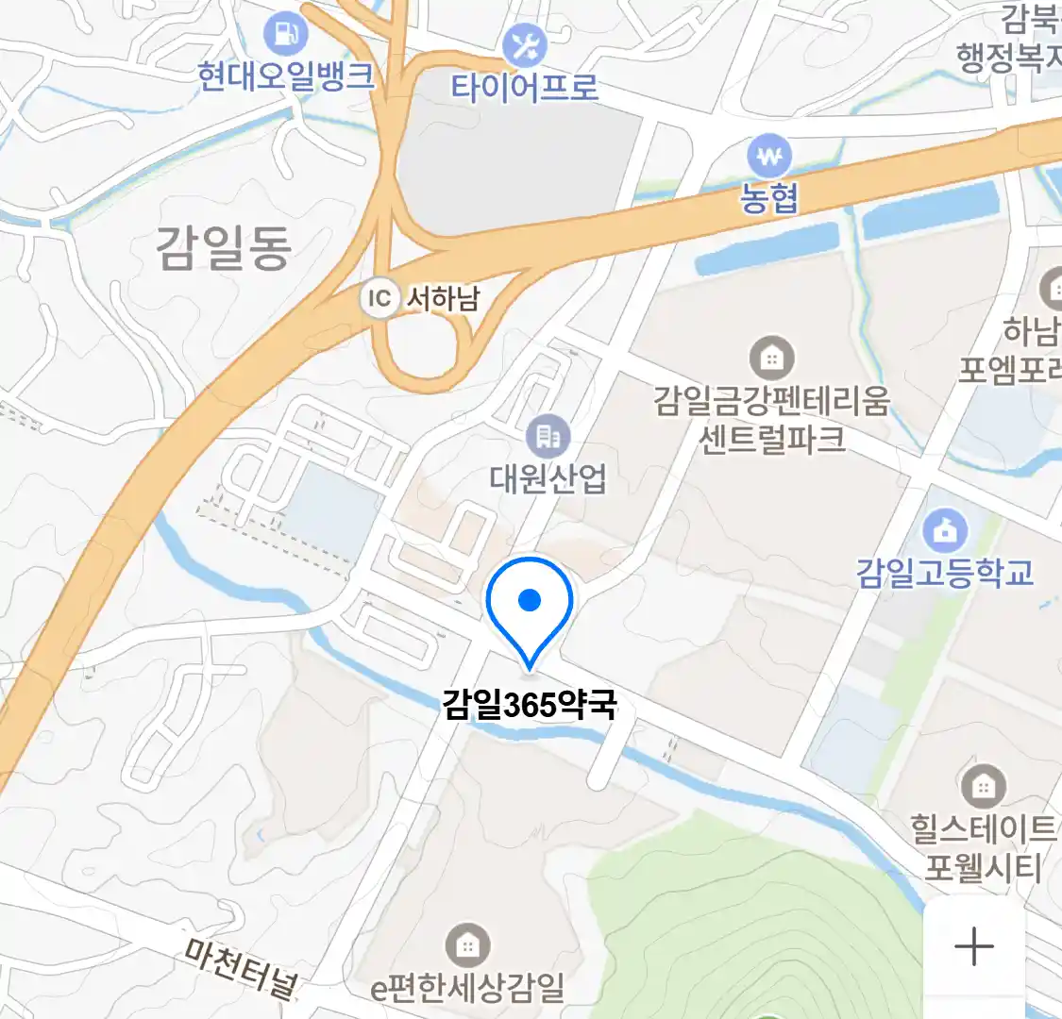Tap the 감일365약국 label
530,704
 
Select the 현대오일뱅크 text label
285,76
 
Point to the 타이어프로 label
524,88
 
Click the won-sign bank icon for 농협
769,155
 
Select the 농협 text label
769,197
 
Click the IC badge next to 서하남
379,299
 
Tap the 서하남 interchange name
443,299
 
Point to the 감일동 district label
224,248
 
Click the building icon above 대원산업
548,436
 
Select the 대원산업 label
548,478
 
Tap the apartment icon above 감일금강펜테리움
771,358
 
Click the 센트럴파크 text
771,440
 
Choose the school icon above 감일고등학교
945,531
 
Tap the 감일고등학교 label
945,573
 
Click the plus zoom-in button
973,946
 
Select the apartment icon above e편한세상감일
467,944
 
